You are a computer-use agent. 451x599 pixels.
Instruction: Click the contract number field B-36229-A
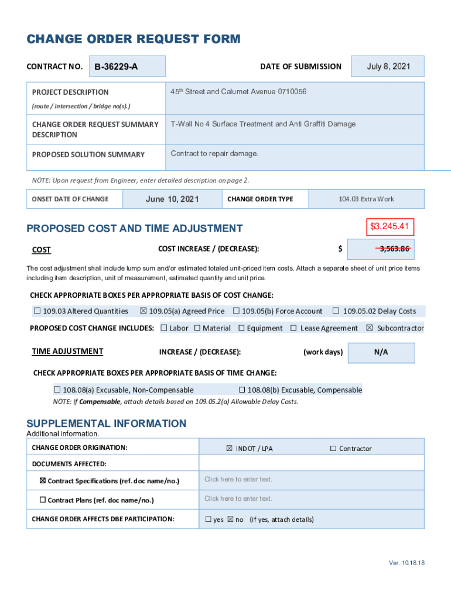coord(127,66)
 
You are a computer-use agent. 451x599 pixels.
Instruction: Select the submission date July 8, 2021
coord(388,66)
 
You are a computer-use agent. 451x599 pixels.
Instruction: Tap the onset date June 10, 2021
coord(172,199)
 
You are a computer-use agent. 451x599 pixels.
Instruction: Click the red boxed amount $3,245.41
coord(389,226)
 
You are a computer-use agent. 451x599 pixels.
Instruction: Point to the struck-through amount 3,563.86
coord(394,249)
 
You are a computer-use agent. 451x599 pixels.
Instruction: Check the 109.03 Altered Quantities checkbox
coord(37,311)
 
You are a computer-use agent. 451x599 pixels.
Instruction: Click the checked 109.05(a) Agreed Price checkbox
coord(143,311)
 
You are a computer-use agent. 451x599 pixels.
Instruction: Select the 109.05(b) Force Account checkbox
coord(236,311)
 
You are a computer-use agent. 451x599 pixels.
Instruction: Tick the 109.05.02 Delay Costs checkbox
coord(336,311)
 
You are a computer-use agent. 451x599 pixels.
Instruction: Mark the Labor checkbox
coord(163,328)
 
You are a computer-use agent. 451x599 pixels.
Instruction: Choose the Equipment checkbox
coord(241,328)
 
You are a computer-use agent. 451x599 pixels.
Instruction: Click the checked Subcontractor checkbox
coord(369,328)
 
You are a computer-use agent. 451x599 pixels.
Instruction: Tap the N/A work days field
coord(381,352)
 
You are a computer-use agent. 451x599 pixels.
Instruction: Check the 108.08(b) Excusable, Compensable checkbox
coord(241,390)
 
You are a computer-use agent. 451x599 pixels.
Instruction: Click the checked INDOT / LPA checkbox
coord(230,449)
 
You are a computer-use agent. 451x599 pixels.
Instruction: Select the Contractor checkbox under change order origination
coord(333,449)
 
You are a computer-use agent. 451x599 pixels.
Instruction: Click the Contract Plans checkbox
coord(42,500)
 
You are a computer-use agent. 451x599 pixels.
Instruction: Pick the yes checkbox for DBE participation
coord(209,519)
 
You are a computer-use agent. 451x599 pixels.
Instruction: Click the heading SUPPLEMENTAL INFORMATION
coord(107,424)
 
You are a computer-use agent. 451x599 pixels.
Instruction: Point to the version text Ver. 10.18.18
coord(406,563)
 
